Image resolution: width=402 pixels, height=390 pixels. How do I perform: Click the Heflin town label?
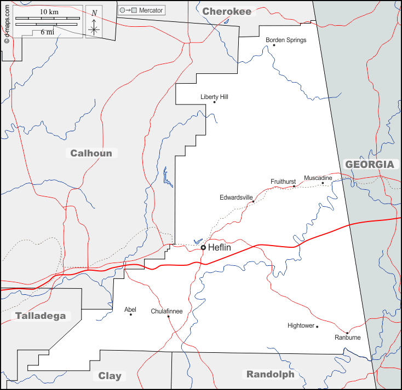tap(220, 248)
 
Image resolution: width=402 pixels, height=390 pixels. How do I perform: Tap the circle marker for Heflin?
tap(203, 248)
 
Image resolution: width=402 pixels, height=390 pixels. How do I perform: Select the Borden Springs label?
tap(286, 40)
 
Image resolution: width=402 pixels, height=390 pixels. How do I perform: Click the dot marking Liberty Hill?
tap(214, 102)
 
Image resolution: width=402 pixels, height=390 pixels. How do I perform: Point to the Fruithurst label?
tap(283, 182)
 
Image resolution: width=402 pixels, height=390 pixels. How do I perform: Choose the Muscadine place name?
tap(318, 178)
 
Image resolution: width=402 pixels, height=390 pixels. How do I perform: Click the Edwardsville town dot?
tap(253, 202)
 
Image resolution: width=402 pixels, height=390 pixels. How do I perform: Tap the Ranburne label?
tap(348, 337)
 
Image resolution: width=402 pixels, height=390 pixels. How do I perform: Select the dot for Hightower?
tap(317, 327)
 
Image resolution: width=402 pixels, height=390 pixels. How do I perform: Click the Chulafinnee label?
tap(166, 311)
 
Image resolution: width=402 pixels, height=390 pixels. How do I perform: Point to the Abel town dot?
tap(130, 315)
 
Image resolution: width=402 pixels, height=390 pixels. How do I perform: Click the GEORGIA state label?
tap(369, 164)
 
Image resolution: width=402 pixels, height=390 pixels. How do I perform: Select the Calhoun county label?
tap(91, 153)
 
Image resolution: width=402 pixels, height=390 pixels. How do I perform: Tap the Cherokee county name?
tap(227, 11)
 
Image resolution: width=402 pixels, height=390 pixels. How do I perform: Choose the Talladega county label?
tap(41, 316)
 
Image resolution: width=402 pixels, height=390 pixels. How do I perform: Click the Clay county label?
tap(110, 376)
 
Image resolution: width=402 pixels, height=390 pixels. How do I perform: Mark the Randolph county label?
tap(270, 375)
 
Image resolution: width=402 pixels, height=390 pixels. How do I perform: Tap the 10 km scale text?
tap(49, 12)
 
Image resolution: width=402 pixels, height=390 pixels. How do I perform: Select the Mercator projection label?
tap(151, 10)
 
